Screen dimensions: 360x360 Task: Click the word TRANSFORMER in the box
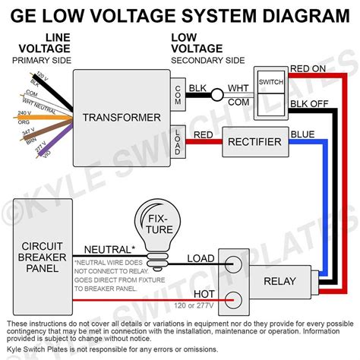click(122, 117)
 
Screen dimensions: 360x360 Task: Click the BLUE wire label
click(302, 134)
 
